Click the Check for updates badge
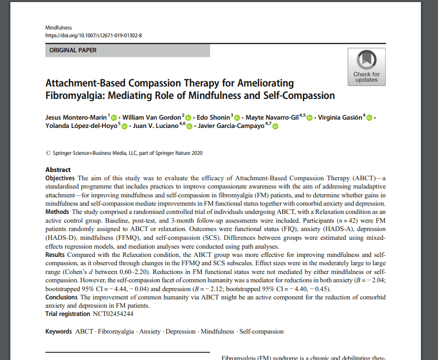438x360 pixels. point(367,66)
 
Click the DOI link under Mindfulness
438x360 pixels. point(94,35)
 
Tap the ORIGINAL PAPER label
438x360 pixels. point(73,50)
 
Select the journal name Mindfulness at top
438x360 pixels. point(59,27)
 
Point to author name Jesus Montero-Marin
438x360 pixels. point(76,118)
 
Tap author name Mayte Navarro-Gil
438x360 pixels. point(272,118)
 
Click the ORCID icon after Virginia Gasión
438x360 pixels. point(369,118)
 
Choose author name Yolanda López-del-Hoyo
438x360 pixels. point(82,126)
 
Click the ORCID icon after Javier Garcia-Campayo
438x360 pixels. point(275,126)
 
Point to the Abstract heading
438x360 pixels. point(58,170)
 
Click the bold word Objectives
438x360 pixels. point(60,178)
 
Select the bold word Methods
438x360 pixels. point(57,212)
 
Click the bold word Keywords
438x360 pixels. point(59,332)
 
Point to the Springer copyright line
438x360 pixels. point(124,153)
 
